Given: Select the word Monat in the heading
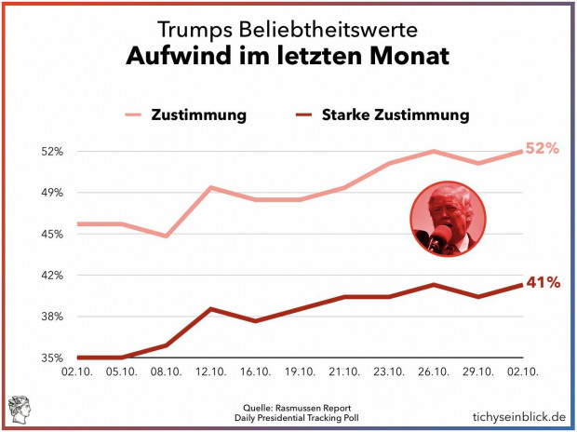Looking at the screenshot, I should pos(406,57).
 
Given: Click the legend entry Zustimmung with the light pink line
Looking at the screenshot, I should pos(198,115).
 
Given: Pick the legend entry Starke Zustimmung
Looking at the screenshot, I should pos(395,115).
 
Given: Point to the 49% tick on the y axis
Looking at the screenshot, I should pos(50,193).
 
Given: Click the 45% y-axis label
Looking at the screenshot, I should pos(50,234).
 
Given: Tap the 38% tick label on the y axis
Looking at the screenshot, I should pos(50,317).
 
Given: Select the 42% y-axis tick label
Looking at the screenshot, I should pos(50,276).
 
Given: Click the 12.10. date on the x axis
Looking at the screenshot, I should pos(211,371).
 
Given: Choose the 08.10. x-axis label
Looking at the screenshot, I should pos(166,371).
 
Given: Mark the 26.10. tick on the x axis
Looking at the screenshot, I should pos(434,371).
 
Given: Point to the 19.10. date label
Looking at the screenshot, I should pos(301,371).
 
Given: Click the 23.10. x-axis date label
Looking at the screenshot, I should pos(389,371).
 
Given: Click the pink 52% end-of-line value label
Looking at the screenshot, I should pos(542,149).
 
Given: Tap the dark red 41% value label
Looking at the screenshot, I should pos(543,283).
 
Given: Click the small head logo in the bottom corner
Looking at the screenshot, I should pos(20,408).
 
